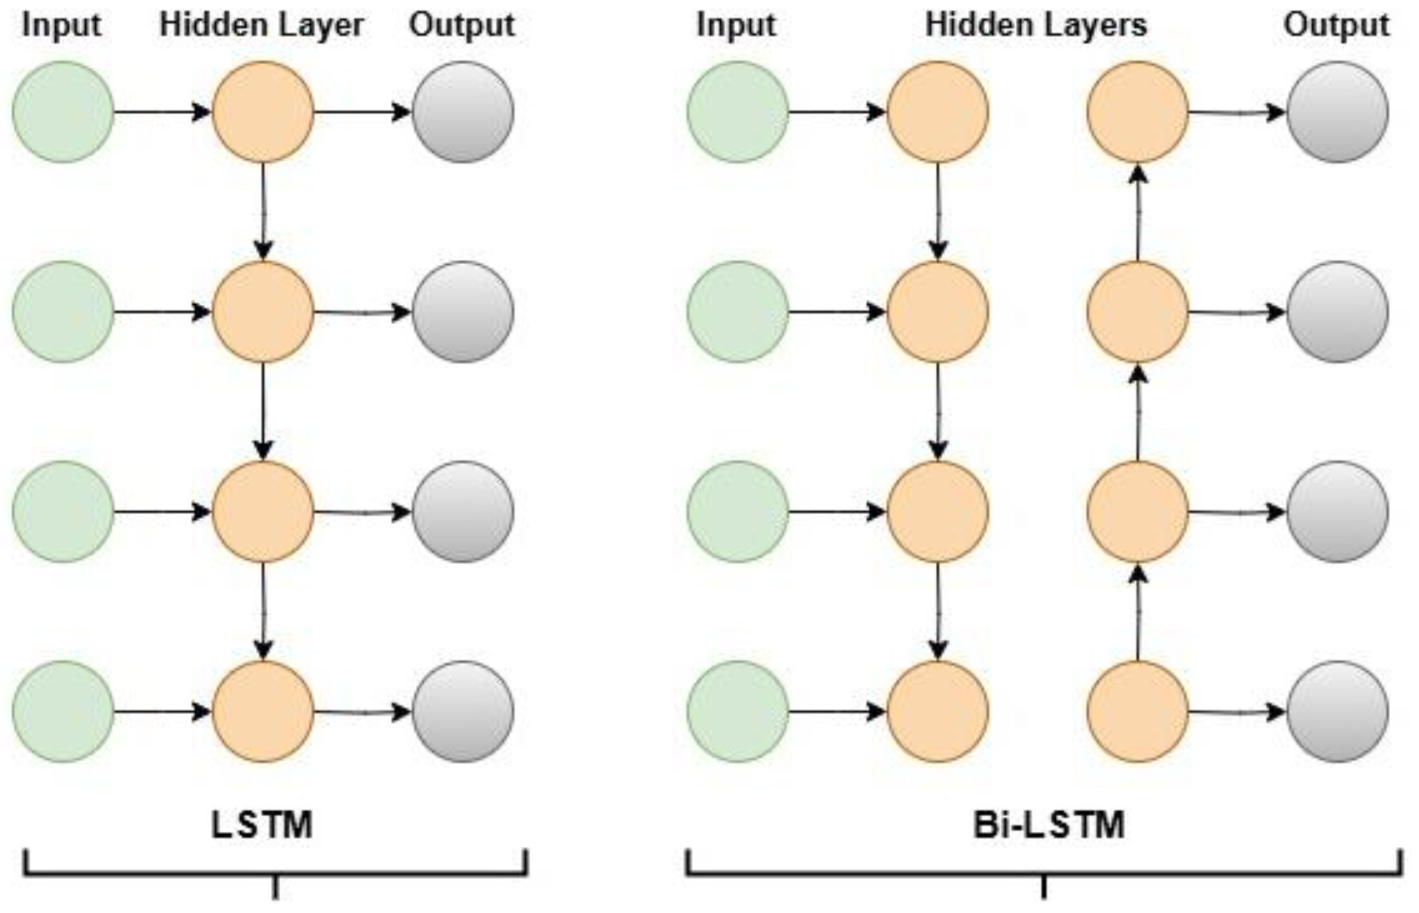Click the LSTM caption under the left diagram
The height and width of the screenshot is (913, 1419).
pyautogui.click(x=262, y=825)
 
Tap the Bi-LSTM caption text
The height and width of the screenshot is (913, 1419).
pyautogui.click(x=1049, y=825)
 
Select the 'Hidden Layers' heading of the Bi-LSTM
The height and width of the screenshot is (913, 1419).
pyautogui.click(x=1036, y=26)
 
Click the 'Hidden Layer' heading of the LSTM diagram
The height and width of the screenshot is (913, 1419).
pyautogui.click(x=262, y=26)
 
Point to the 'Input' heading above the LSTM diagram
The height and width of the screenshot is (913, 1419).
pyautogui.click(x=61, y=26)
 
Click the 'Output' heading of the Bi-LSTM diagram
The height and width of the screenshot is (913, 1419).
pyautogui.click(x=1336, y=26)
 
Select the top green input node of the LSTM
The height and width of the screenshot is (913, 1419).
pyautogui.click(x=63, y=112)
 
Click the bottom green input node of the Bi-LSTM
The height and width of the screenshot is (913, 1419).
pyautogui.click(x=738, y=712)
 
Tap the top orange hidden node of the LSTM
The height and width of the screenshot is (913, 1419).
pyautogui.click(x=263, y=112)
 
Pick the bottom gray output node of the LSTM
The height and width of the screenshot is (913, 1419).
pyautogui.click(x=462, y=712)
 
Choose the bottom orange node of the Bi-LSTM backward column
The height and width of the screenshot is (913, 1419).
pyautogui.click(x=1137, y=712)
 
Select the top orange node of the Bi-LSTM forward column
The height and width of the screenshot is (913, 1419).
pyautogui.click(x=937, y=112)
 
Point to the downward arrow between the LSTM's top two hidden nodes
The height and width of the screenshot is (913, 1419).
pyautogui.click(x=263, y=211)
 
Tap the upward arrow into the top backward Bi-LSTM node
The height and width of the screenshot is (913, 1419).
pyautogui.click(x=1137, y=212)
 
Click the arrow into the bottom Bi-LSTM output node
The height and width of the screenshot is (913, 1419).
pyautogui.click(x=1237, y=712)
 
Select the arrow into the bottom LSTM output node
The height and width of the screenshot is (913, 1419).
pyautogui.click(x=362, y=712)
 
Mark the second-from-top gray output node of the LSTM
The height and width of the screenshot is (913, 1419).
pyautogui.click(x=462, y=312)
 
